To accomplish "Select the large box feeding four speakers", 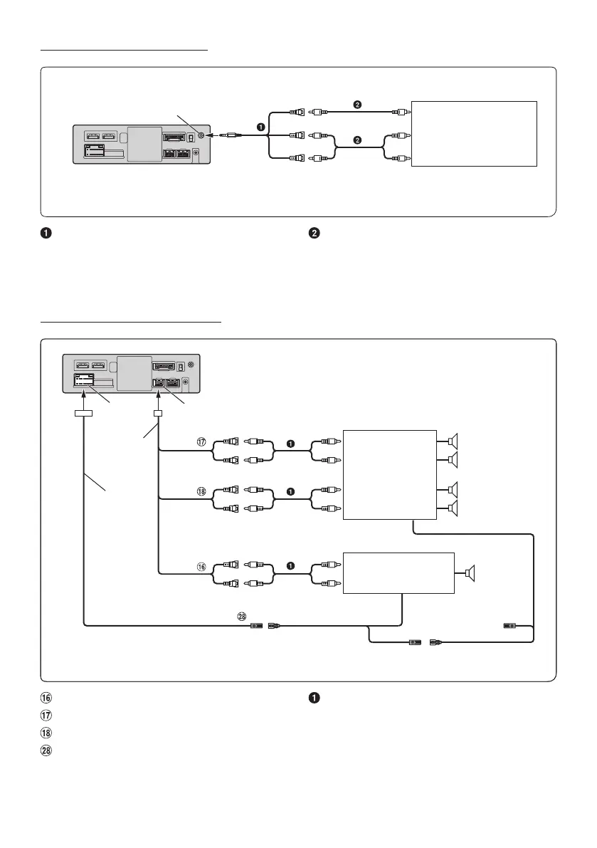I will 389,475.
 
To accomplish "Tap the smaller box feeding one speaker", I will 398,572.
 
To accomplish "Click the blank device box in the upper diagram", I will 474,133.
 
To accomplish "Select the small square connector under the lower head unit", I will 158,413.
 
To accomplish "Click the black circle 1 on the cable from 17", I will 291,443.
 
